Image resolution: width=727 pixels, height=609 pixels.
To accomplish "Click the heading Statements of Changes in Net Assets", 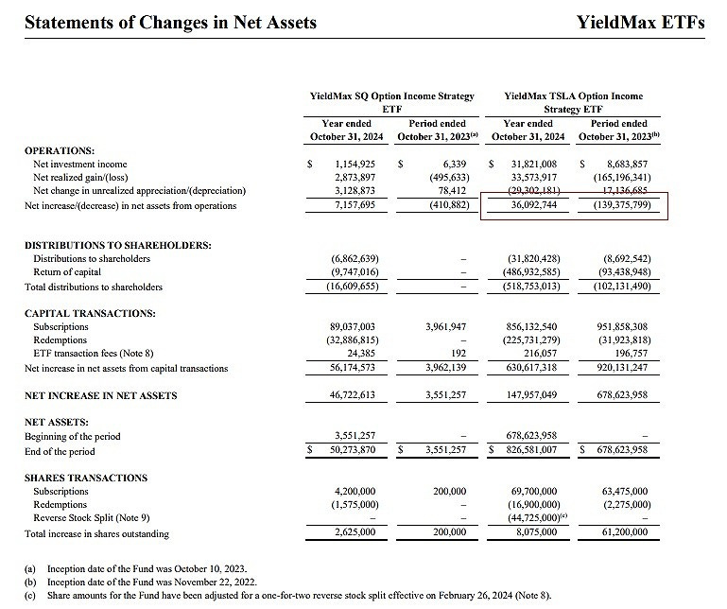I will pos(169,22).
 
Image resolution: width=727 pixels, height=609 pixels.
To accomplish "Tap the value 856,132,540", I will pos(530,326).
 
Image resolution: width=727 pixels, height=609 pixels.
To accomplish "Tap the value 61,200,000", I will pos(617,532).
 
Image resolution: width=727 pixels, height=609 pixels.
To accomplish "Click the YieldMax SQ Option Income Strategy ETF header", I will pos(391,102).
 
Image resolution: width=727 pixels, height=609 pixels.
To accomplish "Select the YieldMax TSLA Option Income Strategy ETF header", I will pos(573,102).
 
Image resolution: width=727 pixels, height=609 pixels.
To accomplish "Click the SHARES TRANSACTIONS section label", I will pos(85,478).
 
